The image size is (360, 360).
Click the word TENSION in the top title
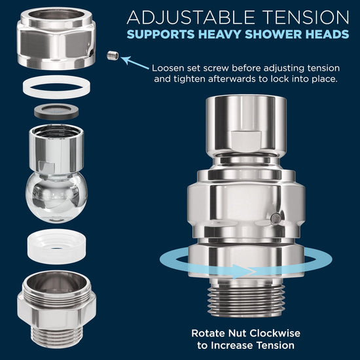pos(306,18)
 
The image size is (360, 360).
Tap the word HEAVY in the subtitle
pos(220,34)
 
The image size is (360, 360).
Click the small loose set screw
pos(113,56)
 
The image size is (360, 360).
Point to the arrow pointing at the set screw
pos(135,62)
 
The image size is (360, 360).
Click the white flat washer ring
pos(56,87)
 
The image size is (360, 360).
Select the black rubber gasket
pos(56,111)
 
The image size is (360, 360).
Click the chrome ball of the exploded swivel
pos(56,197)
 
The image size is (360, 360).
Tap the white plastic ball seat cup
pos(57,246)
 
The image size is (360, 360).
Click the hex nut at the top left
pos(56,39)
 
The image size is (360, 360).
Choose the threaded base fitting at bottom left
pos(56,309)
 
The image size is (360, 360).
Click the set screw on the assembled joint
pos(276,219)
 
